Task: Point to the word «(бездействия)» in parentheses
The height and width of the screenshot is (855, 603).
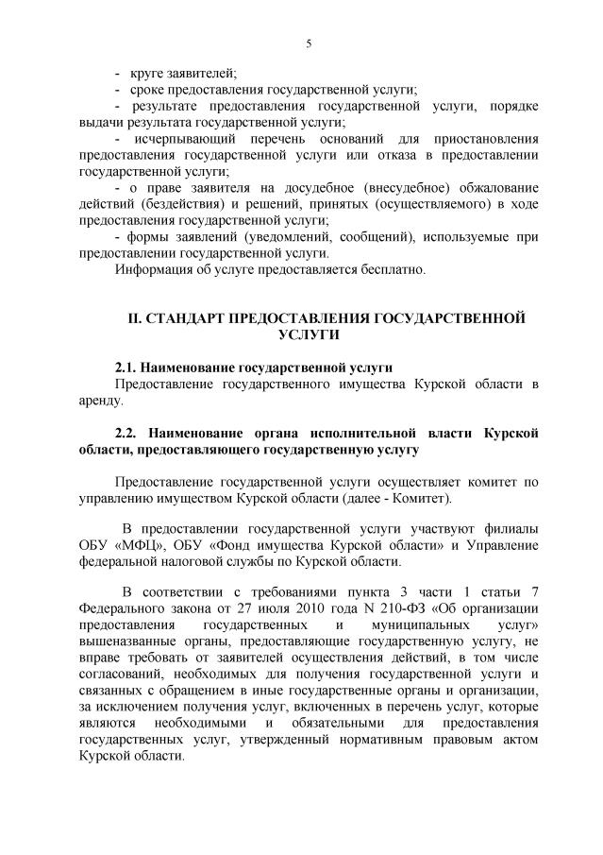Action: [181, 204]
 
